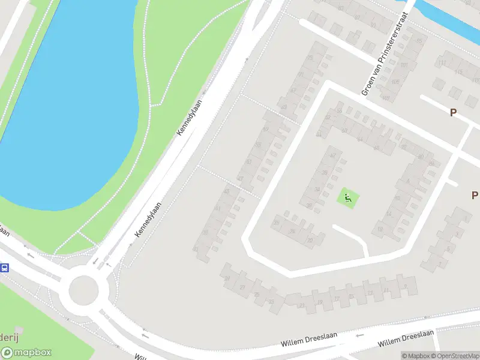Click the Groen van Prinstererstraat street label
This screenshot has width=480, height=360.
[x=384, y=53]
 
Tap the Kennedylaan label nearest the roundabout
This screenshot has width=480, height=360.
[x=149, y=219]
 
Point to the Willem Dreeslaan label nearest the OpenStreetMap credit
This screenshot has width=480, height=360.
[x=406, y=338]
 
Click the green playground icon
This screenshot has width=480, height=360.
[x=347, y=197]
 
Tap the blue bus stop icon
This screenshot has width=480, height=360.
[x=4, y=268]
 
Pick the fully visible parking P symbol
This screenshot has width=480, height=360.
[x=454, y=112]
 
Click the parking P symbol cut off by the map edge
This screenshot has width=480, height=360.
[x=475, y=194]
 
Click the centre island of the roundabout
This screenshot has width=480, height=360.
[x=83, y=290]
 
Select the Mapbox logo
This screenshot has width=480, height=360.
[x=26, y=353]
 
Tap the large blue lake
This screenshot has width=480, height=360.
[x=66, y=102]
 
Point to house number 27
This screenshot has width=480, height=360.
[x=243, y=287]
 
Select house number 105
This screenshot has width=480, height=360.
[x=419, y=41]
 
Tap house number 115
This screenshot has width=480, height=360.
[x=460, y=72]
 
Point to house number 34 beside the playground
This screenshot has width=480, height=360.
[x=317, y=189]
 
